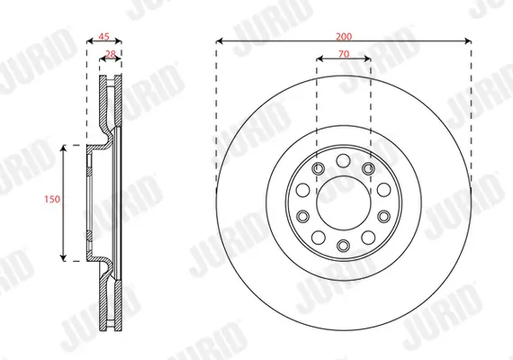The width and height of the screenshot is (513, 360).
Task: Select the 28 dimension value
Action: (x=111, y=55)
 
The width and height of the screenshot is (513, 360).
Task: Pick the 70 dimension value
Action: (x=343, y=55)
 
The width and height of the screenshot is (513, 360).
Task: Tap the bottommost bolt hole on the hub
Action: (x=343, y=245)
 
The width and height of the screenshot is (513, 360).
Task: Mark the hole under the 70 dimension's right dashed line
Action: (x=368, y=169)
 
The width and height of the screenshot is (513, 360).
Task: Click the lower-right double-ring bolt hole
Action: (x=368, y=234)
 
